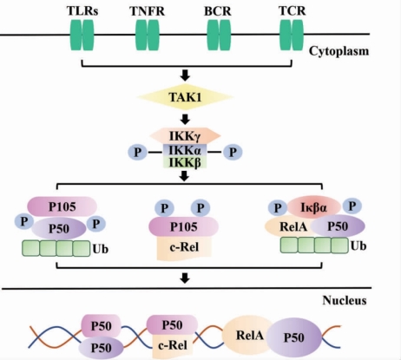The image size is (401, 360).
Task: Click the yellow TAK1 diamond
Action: (x=185, y=97)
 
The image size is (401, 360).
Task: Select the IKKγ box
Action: (x=185, y=136)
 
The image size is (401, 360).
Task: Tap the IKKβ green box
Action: (x=185, y=163)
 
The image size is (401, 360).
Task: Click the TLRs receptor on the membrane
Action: (x=82, y=35)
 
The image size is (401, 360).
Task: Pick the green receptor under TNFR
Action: (x=148, y=35)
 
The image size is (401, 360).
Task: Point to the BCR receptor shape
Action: (x=219, y=35)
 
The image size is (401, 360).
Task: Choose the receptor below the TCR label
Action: (x=292, y=35)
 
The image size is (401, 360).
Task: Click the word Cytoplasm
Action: (x=339, y=51)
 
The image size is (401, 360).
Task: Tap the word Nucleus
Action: (x=345, y=300)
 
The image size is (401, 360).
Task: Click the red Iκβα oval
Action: (x=314, y=207)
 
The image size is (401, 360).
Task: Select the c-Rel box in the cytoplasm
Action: (x=184, y=247)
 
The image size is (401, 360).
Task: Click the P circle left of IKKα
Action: (x=138, y=152)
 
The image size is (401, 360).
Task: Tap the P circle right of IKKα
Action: (x=233, y=152)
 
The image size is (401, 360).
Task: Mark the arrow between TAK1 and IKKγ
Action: (x=185, y=119)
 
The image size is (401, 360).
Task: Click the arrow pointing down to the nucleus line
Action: (x=185, y=278)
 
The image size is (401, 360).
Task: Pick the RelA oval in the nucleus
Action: (x=249, y=335)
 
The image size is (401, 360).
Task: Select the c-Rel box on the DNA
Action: (x=173, y=345)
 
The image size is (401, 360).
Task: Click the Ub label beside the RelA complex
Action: (x=358, y=245)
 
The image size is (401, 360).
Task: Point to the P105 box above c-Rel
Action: (x=183, y=226)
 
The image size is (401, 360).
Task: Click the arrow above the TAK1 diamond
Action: (x=185, y=75)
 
